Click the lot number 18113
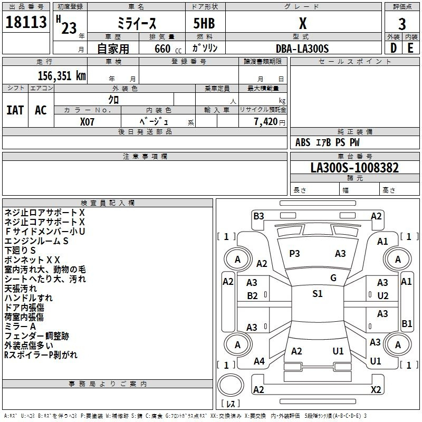(26, 22)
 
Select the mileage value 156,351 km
(62, 76)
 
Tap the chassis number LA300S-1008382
(354, 168)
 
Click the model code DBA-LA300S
(302, 49)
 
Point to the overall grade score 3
(402, 24)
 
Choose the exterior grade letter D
(393, 48)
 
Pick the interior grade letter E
(410, 48)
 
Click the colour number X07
(87, 122)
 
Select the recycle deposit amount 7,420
(266, 122)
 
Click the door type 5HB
(204, 23)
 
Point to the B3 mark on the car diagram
(258, 216)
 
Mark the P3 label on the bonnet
(294, 254)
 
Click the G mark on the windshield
(333, 278)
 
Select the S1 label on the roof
(318, 294)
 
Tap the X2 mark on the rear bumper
(376, 390)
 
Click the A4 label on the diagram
(259, 361)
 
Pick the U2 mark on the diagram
(383, 296)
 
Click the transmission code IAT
(15, 110)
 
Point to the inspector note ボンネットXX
(32, 260)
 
